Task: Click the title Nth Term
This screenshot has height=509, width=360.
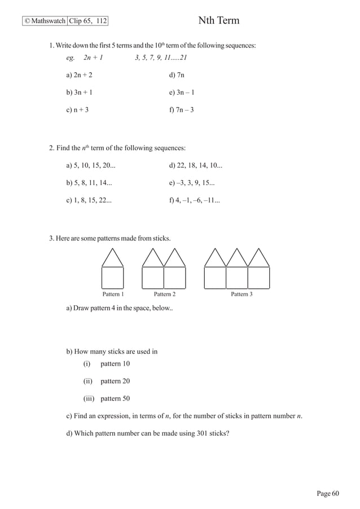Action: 219,21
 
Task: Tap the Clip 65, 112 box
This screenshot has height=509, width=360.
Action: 87,21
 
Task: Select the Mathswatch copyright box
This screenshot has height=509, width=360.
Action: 45,21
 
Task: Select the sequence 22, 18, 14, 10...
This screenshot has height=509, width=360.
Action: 200,165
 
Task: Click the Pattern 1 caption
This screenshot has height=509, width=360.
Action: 113,294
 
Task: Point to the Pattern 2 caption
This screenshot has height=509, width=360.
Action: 164,294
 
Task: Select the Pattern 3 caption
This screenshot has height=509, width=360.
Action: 242,294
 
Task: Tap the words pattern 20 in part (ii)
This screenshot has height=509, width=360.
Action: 115,381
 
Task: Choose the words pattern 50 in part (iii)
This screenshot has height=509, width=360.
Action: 115,398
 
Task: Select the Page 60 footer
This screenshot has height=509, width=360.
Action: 328,494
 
